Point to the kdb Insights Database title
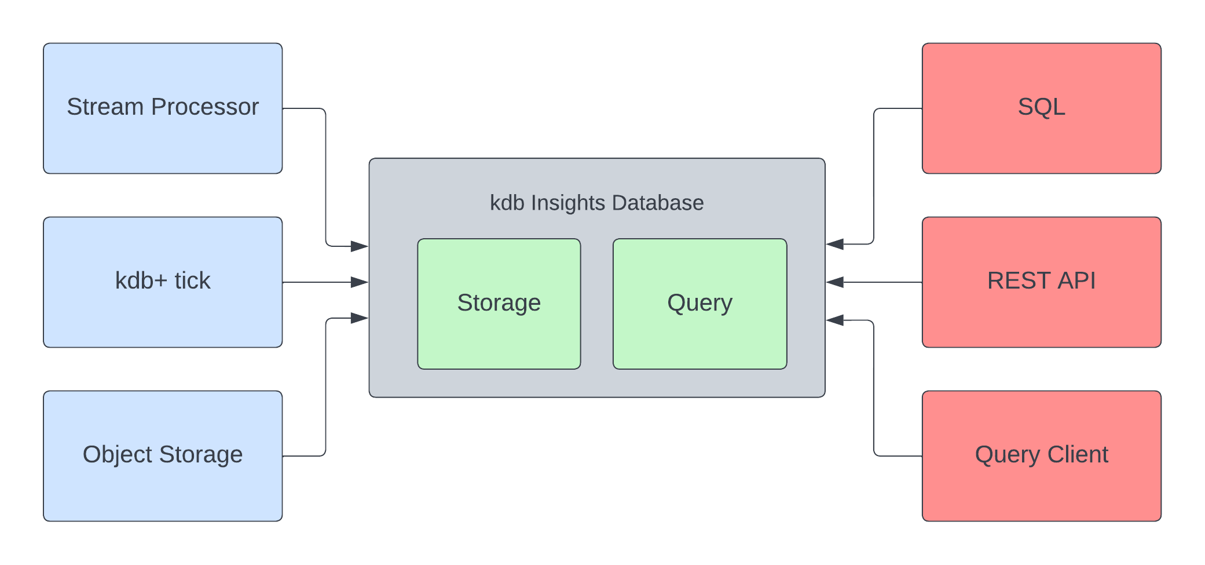click(596, 203)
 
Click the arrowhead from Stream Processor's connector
click(360, 246)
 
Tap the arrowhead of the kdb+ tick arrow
click(360, 282)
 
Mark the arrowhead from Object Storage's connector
click(360, 318)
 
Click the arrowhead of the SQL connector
click(835, 244)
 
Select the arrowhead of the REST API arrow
click(835, 282)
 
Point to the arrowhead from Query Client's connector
click(835, 320)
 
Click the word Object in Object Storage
click(118, 455)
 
